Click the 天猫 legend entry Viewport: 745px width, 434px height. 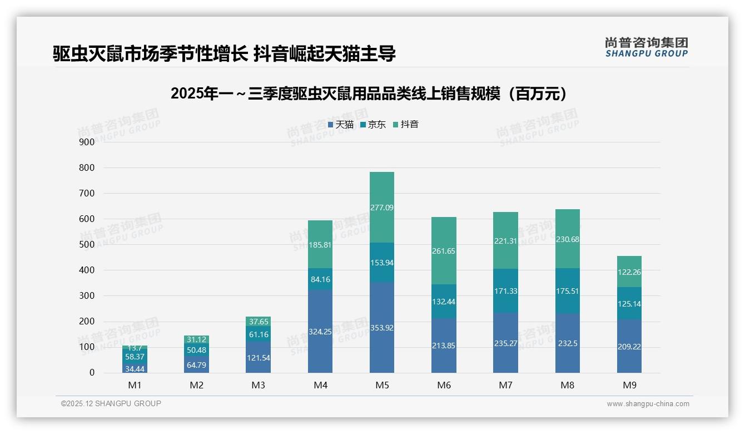click(x=341, y=125)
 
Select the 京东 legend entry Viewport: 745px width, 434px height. click(x=373, y=125)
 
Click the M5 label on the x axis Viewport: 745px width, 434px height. click(x=381, y=385)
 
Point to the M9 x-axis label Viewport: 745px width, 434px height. click(x=629, y=385)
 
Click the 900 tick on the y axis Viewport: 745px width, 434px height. click(x=87, y=142)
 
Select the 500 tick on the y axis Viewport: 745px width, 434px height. click(x=87, y=245)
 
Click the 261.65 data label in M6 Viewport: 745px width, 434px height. click(x=443, y=251)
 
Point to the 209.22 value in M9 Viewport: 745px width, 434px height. click(x=629, y=346)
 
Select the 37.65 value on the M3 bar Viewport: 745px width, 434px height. click(x=258, y=322)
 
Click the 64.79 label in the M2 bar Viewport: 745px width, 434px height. click(x=196, y=365)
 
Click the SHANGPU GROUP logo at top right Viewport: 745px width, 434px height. click(x=646, y=47)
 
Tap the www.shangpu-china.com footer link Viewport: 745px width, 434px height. click(x=648, y=404)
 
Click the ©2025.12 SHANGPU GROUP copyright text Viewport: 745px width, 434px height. click(x=111, y=403)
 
